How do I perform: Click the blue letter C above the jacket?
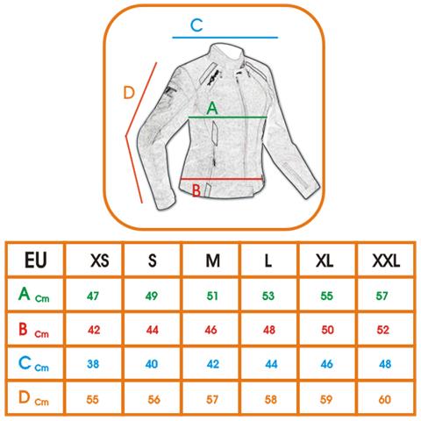tap(196, 25)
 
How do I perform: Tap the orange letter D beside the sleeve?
tap(129, 92)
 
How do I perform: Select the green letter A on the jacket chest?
tap(212, 108)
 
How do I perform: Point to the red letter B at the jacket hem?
tap(196, 190)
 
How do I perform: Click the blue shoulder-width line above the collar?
tap(225, 38)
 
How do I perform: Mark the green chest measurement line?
tap(227, 118)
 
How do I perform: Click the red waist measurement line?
tap(222, 179)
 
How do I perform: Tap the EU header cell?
tap(36, 260)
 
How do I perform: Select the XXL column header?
tap(386, 260)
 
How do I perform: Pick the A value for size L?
tap(268, 296)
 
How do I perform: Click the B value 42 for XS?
tap(94, 330)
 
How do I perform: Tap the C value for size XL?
tap(326, 364)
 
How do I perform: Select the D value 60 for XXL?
tap(384, 399)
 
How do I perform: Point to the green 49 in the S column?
tap(152, 296)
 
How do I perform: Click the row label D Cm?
tap(33, 398)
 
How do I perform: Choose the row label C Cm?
tap(33, 364)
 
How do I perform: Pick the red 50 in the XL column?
tap(327, 330)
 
